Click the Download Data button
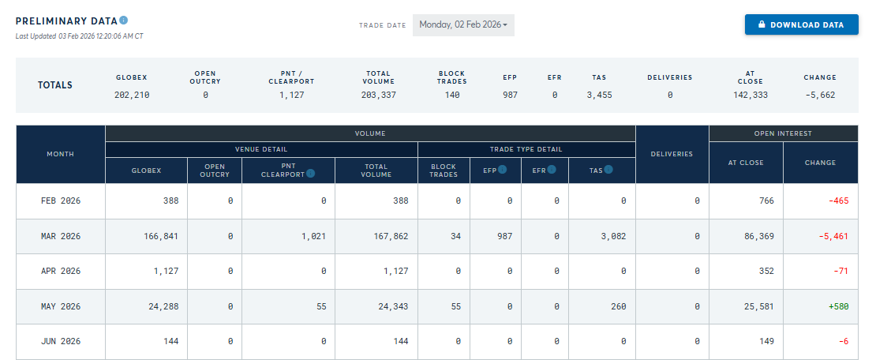[x=801, y=24]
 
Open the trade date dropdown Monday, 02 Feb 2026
[x=463, y=25]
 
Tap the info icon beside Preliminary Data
[x=123, y=20]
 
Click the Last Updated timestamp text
[x=80, y=36]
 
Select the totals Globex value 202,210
[x=132, y=95]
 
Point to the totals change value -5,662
[x=820, y=95]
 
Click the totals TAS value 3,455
[x=600, y=95]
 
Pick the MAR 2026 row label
[x=61, y=237]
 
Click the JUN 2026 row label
[x=61, y=342]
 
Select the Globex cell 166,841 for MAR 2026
[x=162, y=237]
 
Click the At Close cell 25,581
[x=760, y=306]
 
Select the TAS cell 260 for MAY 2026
[x=619, y=306]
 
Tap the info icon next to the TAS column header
[x=608, y=170]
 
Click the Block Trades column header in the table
[x=444, y=170]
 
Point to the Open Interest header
[x=783, y=133]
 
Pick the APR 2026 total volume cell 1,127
[x=395, y=271]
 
